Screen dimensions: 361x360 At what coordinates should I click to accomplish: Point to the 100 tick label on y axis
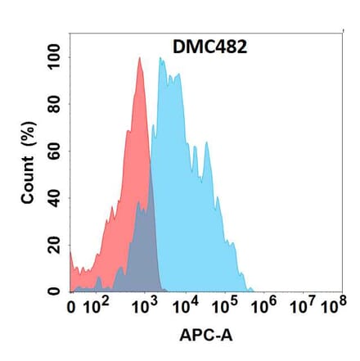(55, 58)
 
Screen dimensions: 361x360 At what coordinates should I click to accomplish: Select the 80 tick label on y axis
(55, 105)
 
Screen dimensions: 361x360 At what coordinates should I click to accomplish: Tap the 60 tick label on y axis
(55, 151)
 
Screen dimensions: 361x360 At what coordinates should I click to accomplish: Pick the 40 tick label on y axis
(55, 198)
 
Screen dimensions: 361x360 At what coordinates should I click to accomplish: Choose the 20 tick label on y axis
(55, 245)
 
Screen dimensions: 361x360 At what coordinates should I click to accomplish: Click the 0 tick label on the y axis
(55, 291)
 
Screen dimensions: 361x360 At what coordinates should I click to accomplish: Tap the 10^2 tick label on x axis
(99, 308)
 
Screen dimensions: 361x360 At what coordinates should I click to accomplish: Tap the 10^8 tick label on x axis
(331, 308)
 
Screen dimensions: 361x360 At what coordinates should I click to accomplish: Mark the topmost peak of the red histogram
(140, 58)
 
